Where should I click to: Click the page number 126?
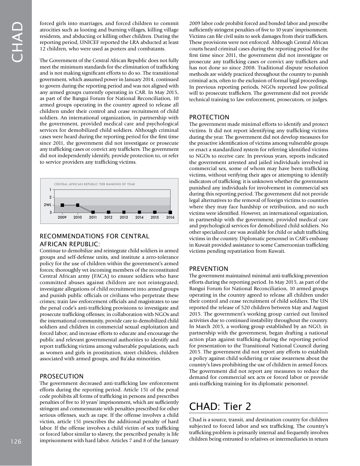[16, 441]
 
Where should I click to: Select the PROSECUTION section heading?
[61, 376]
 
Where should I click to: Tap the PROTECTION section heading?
[209, 117]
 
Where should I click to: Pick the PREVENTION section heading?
[209, 269]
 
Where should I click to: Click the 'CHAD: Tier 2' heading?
[220, 406]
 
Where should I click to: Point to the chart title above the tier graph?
[94, 184]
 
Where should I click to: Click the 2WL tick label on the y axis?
[47, 205]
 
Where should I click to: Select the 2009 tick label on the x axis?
[62, 217]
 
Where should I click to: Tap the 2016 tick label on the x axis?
[170, 217]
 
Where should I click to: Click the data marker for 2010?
[78, 205]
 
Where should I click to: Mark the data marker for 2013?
[124, 213]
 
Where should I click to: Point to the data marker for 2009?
[62, 205]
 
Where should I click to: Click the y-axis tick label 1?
[50, 189]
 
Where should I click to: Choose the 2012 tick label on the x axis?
[108, 217]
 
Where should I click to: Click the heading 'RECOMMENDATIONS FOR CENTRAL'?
[94, 236]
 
